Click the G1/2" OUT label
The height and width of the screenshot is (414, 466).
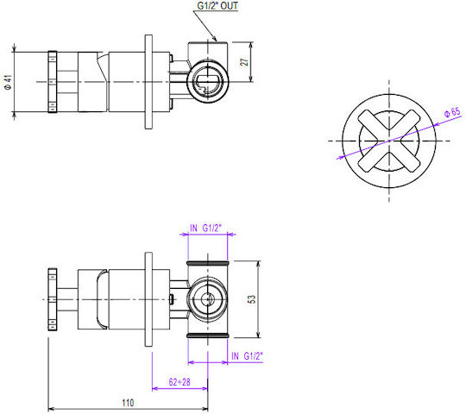(x=217, y=6)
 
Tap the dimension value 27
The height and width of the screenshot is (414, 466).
(x=244, y=62)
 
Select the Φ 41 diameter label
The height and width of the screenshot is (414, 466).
(x=8, y=82)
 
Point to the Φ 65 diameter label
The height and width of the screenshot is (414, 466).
(x=452, y=113)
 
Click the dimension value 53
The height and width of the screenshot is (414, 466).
(x=251, y=299)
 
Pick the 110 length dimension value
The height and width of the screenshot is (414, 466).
(x=128, y=403)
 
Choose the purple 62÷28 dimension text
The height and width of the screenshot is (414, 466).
(x=179, y=382)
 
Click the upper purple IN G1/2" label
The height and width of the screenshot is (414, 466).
(x=205, y=228)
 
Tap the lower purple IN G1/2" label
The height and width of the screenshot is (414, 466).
(x=248, y=356)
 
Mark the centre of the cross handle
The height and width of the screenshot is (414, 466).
(x=389, y=141)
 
